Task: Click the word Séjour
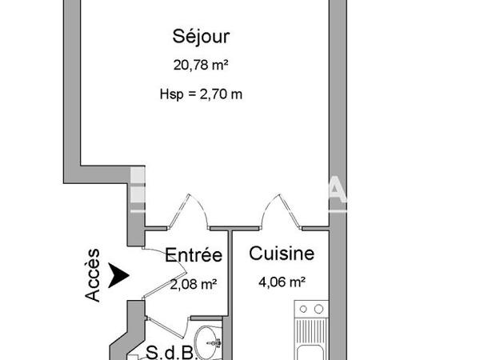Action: point(202,36)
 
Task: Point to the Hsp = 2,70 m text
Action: point(202,94)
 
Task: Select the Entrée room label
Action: point(193,256)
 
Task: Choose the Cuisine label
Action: point(282,254)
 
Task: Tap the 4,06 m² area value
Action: point(282,282)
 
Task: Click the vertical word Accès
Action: point(94,274)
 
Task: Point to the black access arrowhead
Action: point(119,275)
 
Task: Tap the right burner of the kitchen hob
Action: point(318,309)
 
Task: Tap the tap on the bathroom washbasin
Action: point(214,342)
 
